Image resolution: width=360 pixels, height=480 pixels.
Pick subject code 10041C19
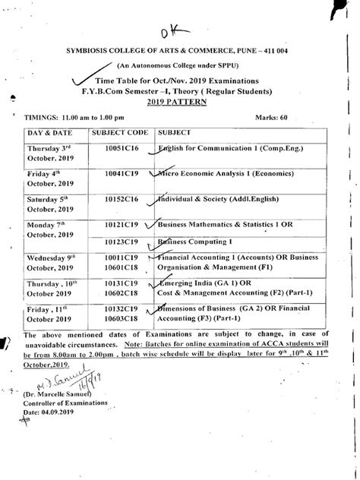[x=119, y=174]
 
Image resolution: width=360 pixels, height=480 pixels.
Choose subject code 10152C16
[x=119, y=198]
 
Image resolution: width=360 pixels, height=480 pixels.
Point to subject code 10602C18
[x=119, y=290]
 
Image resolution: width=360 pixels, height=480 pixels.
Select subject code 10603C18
[x=119, y=320]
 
